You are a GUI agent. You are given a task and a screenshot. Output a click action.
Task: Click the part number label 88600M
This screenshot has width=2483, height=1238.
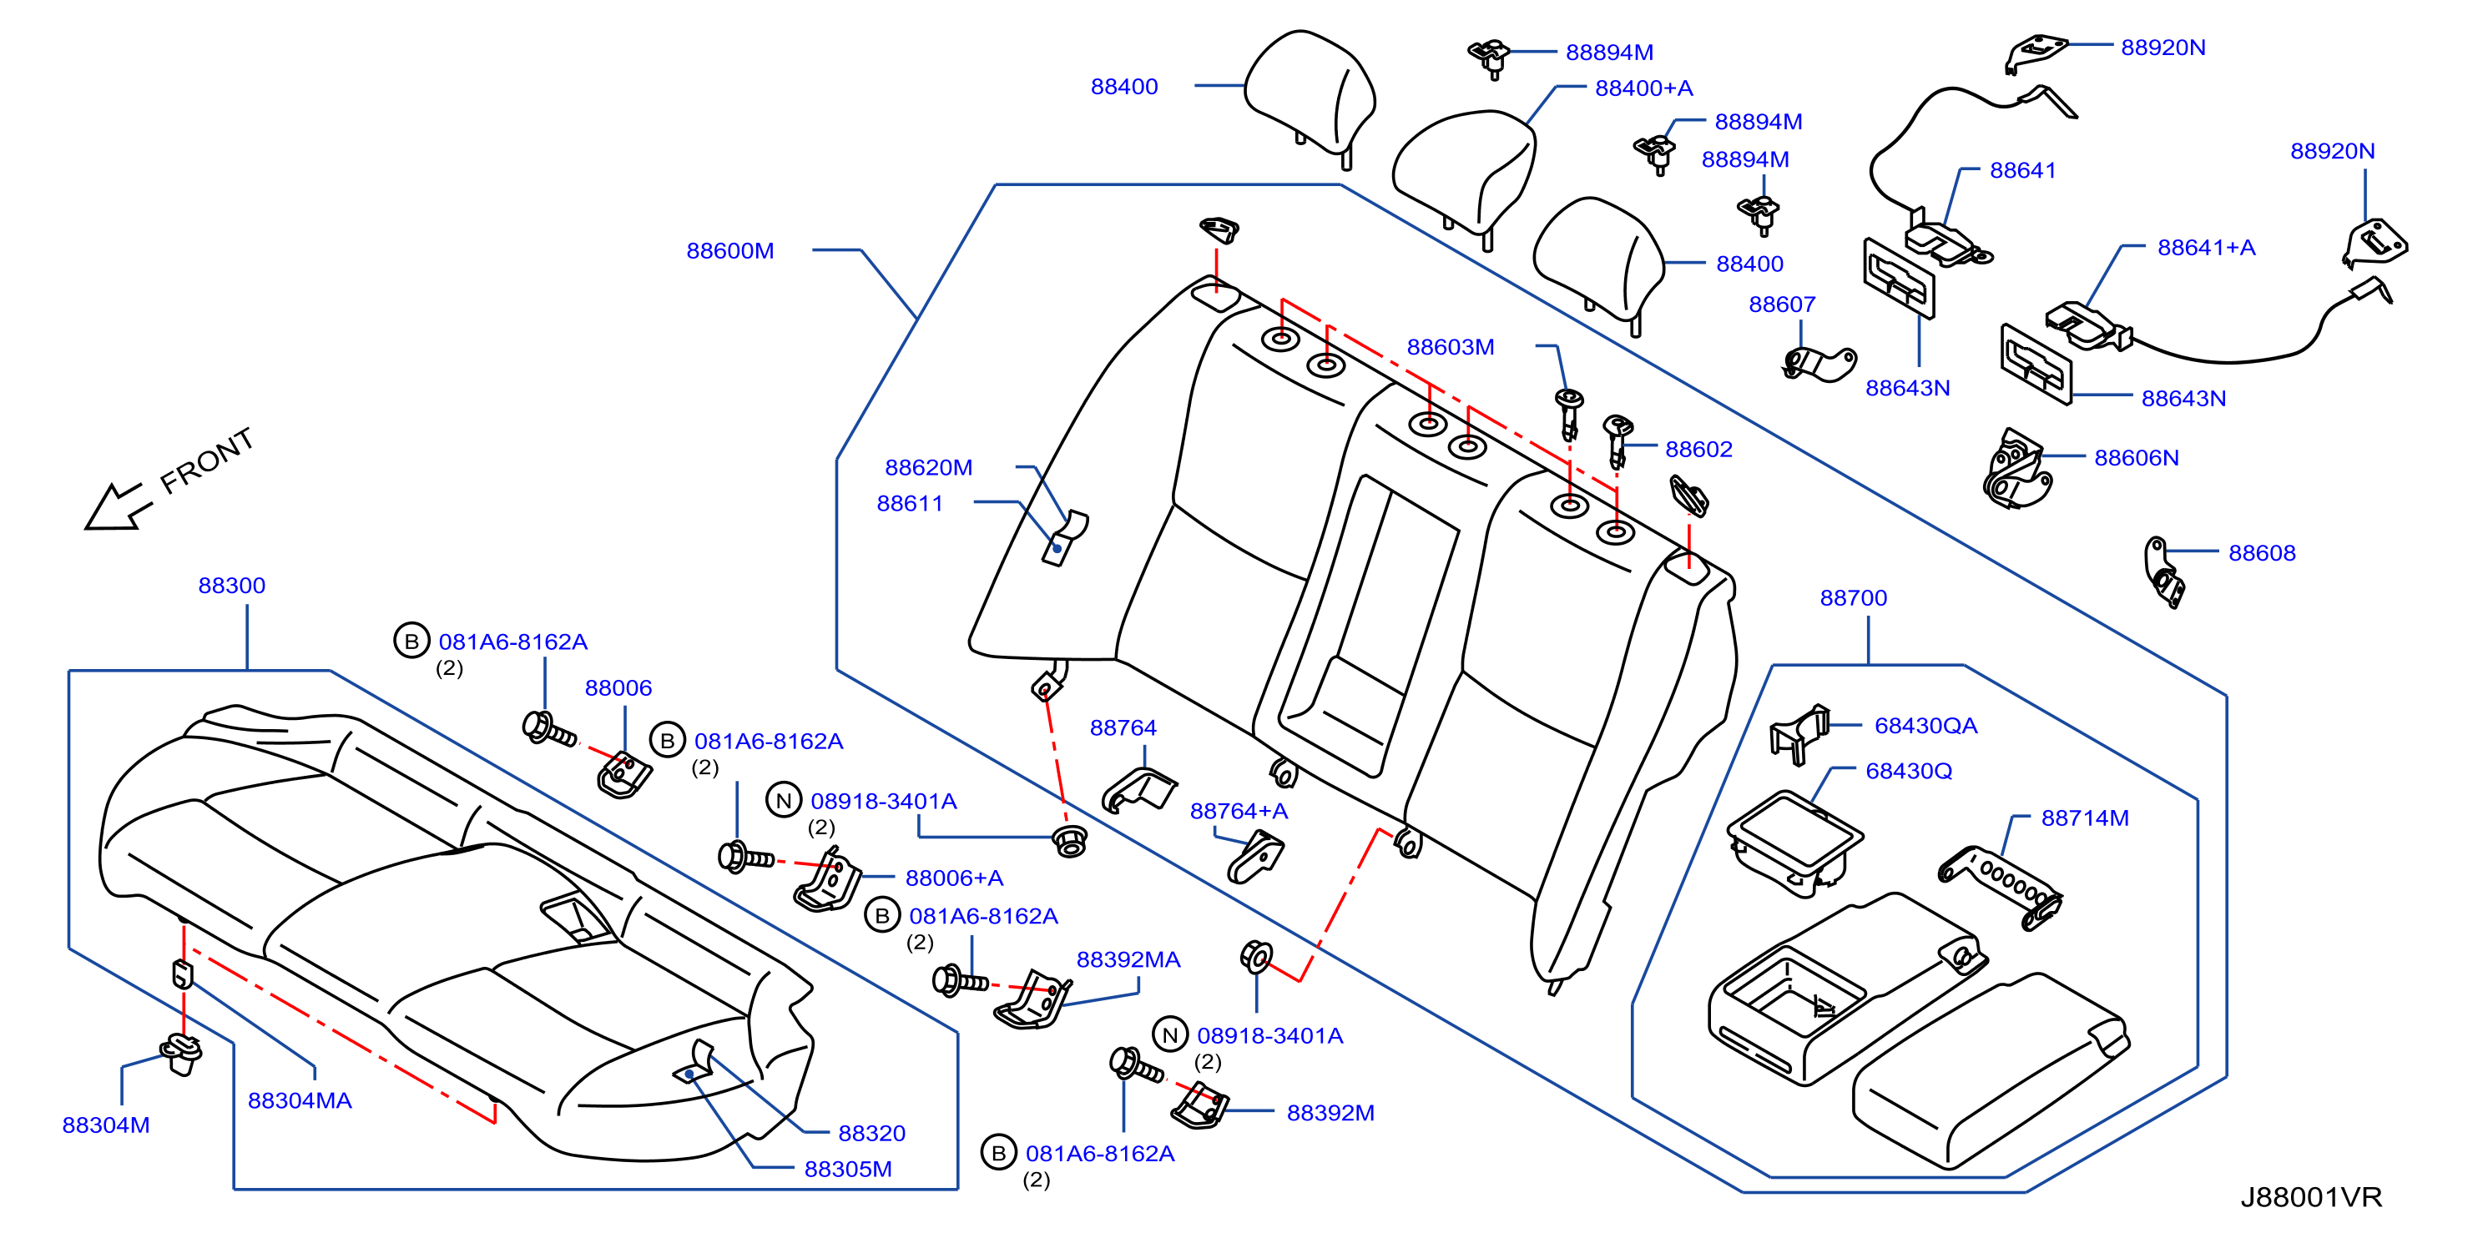(729, 250)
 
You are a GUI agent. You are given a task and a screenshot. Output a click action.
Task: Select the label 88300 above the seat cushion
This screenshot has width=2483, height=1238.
(231, 585)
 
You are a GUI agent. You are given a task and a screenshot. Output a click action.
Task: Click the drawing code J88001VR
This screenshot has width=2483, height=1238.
(2310, 1196)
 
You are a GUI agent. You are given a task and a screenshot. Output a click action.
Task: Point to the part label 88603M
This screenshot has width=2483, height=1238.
(1450, 347)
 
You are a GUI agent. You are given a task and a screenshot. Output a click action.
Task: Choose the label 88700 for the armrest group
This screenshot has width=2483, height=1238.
(1853, 597)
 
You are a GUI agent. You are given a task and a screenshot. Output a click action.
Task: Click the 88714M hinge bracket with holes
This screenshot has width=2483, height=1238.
(2000, 886)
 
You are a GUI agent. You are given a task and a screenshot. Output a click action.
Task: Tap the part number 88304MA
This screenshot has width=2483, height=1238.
(300, 1100)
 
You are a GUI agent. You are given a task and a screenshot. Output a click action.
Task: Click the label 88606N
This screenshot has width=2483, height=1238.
(2136, 458)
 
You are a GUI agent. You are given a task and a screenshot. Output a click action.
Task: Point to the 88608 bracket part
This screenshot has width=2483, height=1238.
(2163, 572)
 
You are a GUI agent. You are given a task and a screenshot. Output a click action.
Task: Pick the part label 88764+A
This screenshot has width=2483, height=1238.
(1239, 811)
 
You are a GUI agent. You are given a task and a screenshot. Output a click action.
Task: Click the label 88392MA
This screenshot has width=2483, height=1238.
(1128, 959)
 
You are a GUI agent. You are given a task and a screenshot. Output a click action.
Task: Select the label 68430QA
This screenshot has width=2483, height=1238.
(1925, 726)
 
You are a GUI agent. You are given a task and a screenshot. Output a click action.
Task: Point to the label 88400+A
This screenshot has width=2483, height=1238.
(1643, 88)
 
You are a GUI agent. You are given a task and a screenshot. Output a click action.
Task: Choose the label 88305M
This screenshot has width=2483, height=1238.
(847, 1169)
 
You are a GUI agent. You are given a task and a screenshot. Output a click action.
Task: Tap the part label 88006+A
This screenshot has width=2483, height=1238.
(954, 878)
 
